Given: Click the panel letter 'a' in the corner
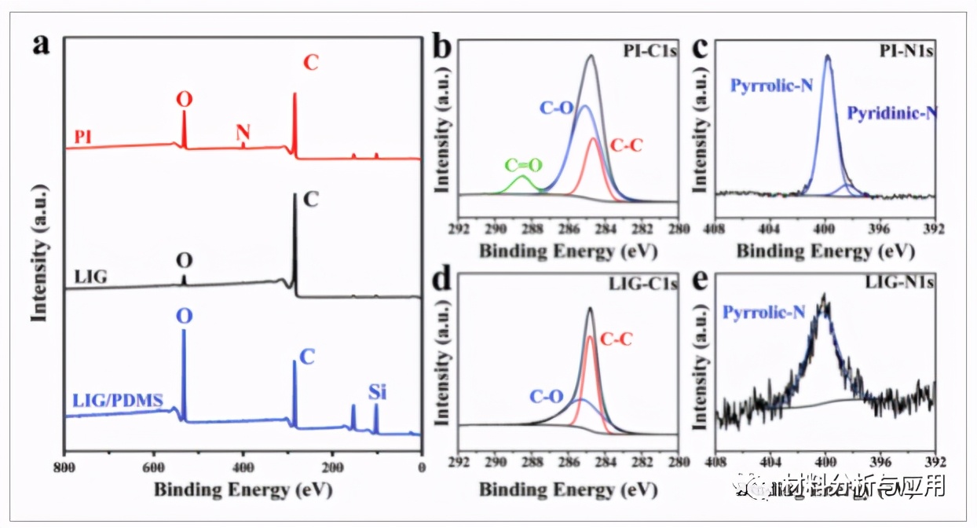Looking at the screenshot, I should [x=42, y=44].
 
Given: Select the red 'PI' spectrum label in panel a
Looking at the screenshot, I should [x=83, y=136].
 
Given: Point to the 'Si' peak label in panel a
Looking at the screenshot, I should [x=377, y=391].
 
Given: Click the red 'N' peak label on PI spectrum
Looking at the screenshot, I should [x=243, y=133].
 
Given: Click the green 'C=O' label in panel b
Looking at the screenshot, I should [x=523, y=165].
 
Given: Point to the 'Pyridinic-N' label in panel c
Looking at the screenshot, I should [x=892, y=113].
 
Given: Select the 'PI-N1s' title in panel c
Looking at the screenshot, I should [x=905, y=51].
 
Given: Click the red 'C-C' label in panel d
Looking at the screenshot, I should [x=616, y=339].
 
